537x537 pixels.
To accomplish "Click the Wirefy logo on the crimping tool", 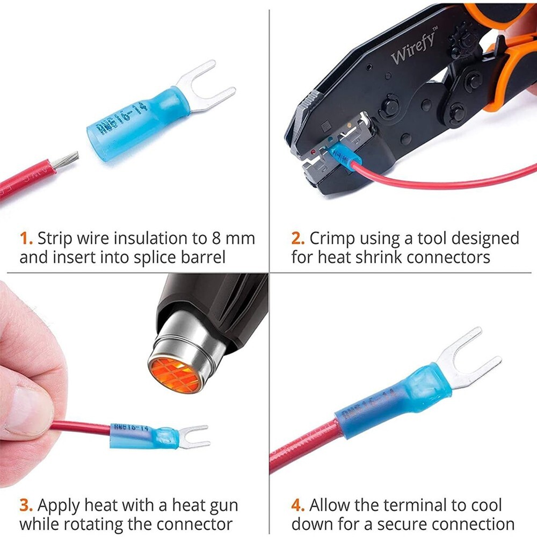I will point(413,47).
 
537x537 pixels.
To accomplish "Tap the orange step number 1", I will point(25,238).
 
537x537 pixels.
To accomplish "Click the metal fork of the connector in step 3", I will point(193,436).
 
